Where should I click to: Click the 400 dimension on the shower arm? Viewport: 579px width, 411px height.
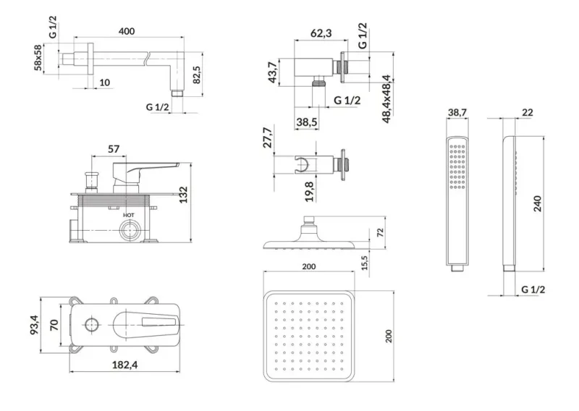(x=127, y=31)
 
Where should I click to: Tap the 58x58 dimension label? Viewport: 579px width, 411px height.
(x=38, y=58)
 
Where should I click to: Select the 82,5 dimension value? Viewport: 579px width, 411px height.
(x=196, y=75)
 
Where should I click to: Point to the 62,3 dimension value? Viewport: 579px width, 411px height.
(x=321, y=33)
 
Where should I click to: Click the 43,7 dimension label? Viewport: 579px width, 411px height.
(x=273, y=72)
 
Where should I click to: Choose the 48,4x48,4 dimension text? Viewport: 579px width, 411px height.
(x=386, y=99)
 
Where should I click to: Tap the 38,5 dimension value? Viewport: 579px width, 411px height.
(x=306, y=122)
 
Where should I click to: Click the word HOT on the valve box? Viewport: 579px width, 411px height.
(x=129, y=215)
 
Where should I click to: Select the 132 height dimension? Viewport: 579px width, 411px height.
(x=184, y=195)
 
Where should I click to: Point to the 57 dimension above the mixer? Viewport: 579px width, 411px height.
(x=114, y=149)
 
